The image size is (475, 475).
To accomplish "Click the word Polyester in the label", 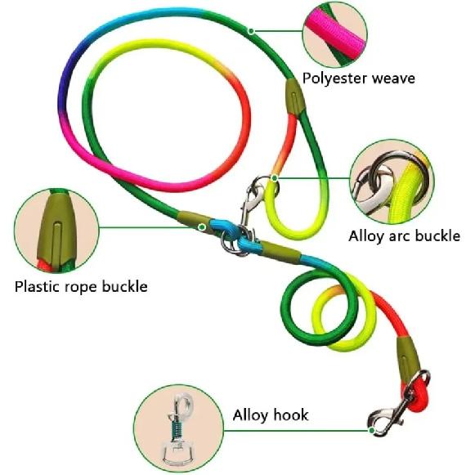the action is point(334,78).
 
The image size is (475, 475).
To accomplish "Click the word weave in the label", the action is point(393,78).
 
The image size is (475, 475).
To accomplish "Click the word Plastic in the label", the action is point(37,287).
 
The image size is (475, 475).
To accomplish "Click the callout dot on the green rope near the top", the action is point(251,31).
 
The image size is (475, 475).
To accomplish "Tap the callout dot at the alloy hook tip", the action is point(372,431).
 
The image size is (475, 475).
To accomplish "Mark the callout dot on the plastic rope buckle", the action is point(202,227).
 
